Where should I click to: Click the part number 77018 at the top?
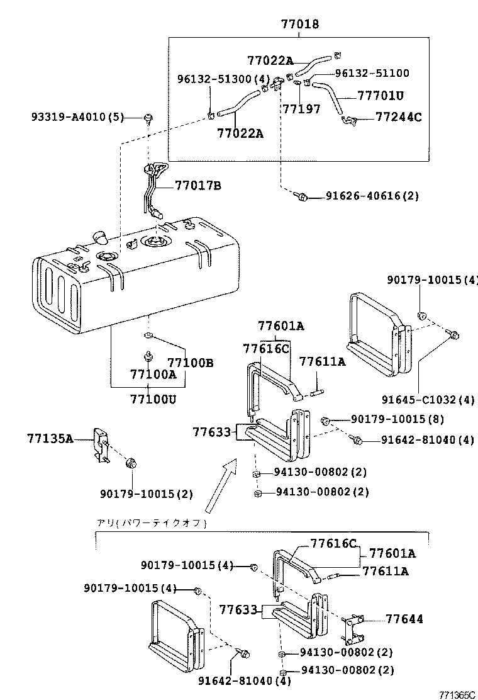299,25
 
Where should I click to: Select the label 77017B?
197,186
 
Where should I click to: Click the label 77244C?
398,116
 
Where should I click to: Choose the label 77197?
301,109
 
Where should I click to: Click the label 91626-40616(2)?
372,196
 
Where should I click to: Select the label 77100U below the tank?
153,399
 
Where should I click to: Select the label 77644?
404,619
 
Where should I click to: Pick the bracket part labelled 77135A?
101,445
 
